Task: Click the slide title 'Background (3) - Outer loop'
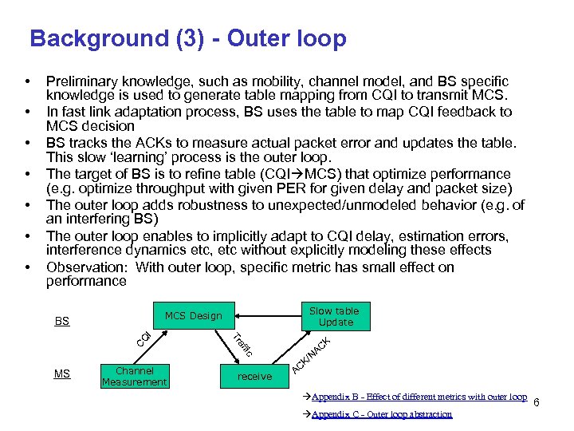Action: [187, 38]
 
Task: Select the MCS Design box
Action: [193, 316]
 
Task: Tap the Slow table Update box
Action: [335, 317]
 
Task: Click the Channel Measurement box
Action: [134, 376]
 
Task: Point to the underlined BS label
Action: [61, 322]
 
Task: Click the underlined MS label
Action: [61, 374]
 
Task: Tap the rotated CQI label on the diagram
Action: [143, 339]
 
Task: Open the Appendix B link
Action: [419, 397]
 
